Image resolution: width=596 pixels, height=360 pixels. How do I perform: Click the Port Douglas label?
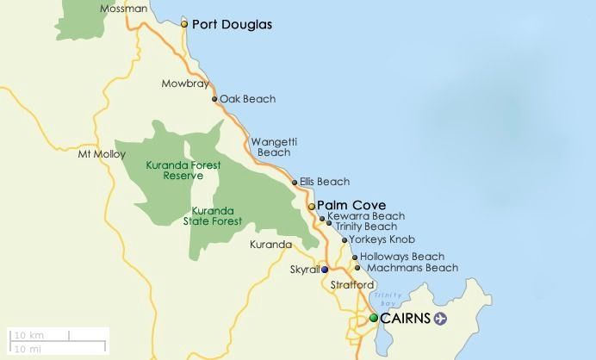232,25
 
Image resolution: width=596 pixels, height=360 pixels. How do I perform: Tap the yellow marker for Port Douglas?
184,24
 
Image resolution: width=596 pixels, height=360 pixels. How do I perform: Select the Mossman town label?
123,9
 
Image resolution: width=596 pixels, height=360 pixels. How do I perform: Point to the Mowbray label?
182,84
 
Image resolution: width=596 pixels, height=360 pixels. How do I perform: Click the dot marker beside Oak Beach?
214,99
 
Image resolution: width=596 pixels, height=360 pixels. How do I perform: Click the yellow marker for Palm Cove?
312,206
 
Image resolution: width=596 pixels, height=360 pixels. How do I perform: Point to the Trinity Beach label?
366,227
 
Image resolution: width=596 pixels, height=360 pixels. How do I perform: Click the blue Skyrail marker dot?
325,270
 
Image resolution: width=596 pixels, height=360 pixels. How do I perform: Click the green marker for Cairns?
374,318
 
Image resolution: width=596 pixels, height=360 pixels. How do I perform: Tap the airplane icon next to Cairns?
442,319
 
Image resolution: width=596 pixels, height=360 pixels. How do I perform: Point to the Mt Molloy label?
96,154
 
